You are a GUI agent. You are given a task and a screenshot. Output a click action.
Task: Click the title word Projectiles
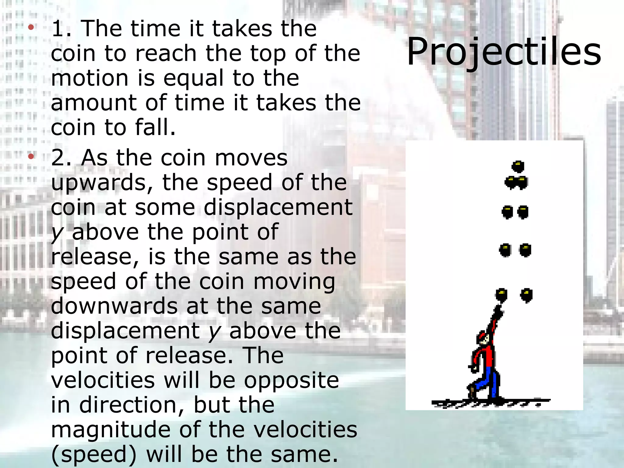coord(504,52)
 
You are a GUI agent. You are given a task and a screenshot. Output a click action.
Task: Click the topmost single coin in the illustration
coord(518,166)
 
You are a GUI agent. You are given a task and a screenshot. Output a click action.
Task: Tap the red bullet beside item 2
coord(31,157)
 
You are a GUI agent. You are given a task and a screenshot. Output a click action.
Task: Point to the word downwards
coord(114,306)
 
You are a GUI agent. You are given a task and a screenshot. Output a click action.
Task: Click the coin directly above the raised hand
coord(501,295)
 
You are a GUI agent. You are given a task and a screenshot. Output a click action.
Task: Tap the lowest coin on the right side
coord(526,295)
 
